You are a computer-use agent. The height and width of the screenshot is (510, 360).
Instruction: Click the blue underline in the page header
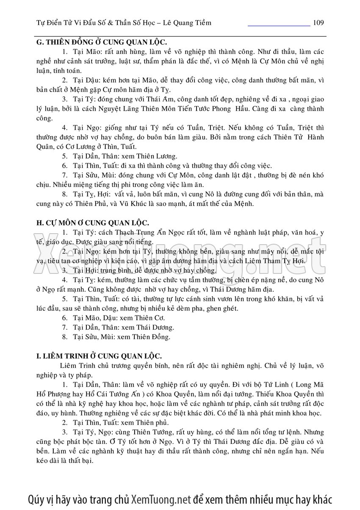[279, 25]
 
